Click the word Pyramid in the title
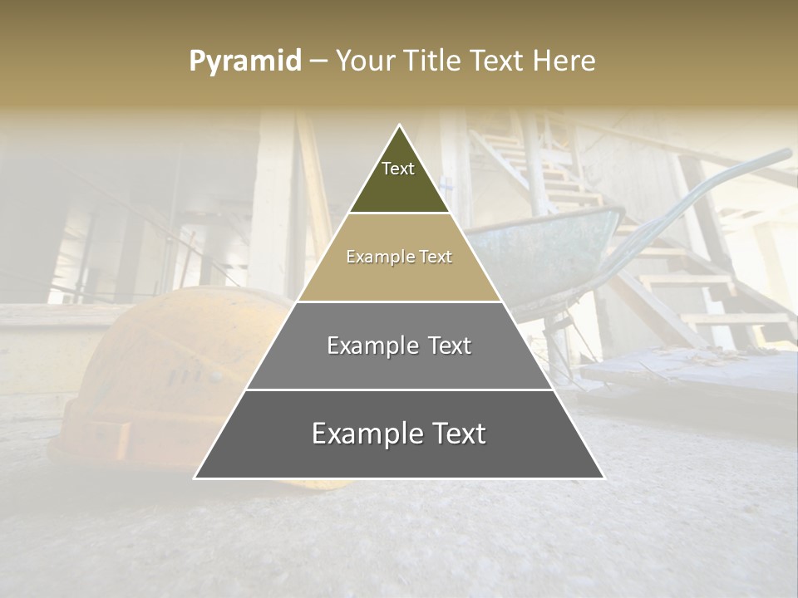[x=245, y=61]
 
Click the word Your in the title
[x=365, y=61]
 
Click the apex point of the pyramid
[x=400, y=125]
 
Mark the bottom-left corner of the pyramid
[x=195, y=478]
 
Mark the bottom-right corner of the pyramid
[x=603, y=478]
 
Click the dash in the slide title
[x=318, y=61]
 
